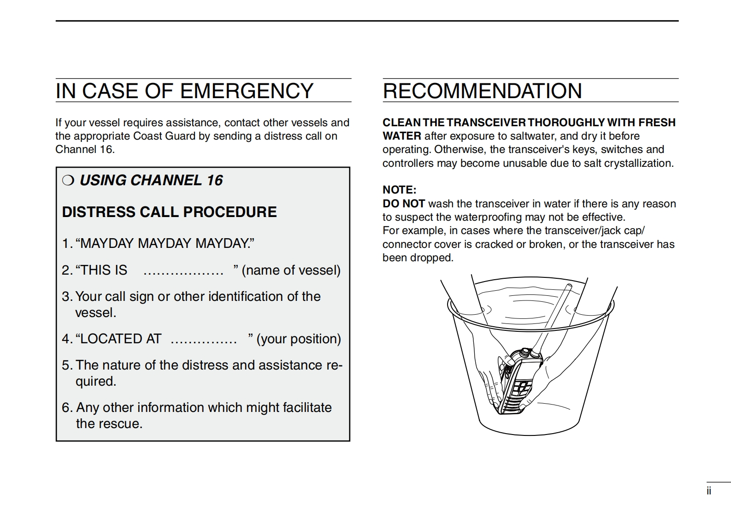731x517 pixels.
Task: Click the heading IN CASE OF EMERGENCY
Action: click(184, 91)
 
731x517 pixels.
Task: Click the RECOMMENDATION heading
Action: click(482, 91)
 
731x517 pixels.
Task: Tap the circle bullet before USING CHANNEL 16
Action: click(68, 180)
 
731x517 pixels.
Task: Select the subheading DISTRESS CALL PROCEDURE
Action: click(169, 212)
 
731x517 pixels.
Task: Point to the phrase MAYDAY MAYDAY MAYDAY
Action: click(165, 243)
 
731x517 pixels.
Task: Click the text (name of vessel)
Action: click(291, 270)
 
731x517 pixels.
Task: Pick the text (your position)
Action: click(299, 339)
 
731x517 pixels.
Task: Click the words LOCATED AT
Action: click(120, 339)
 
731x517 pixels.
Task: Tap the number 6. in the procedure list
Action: click(67, 407)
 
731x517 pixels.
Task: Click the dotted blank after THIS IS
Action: click(183, 271)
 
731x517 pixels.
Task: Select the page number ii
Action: click(709, 491)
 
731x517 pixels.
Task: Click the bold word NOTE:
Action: click(399, 190)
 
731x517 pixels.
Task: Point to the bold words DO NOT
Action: click(404, 204)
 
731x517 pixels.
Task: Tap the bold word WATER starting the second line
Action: click(401, 136)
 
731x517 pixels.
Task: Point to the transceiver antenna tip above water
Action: click(568, 287)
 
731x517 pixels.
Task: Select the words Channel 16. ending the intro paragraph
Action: click(85, 149)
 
